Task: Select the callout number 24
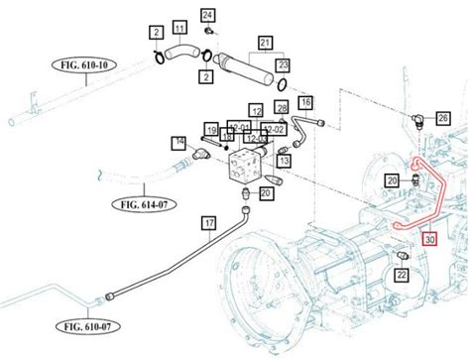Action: (x=207, y=15)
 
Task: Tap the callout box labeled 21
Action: (x=265, y=43)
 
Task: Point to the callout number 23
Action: (x=283, y=65)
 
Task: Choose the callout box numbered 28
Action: (x=283, y=107)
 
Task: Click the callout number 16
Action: (x=305, y=102)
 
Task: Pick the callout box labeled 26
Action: (x=442, y=118)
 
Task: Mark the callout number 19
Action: (x=211, y=129)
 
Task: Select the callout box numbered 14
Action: (x=179, y=143)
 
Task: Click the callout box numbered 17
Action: (x=208, y=223)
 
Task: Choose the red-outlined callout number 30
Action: (x=428, y=238)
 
